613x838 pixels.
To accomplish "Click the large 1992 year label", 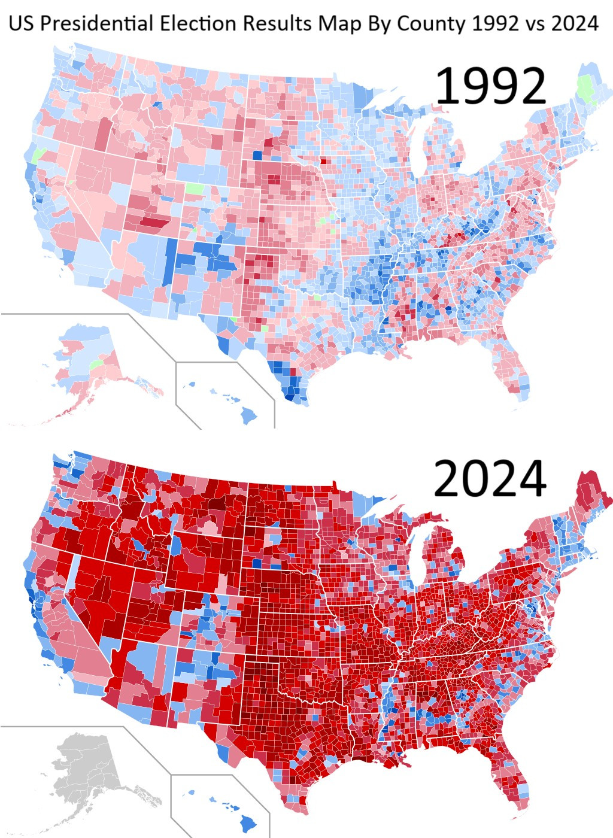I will (x=490, y=86).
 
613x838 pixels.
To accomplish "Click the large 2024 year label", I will (x=490, y=479).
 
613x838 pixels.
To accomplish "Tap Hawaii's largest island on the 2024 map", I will (x=247, y=824).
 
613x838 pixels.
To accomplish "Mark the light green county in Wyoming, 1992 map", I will (x=194, y=189).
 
